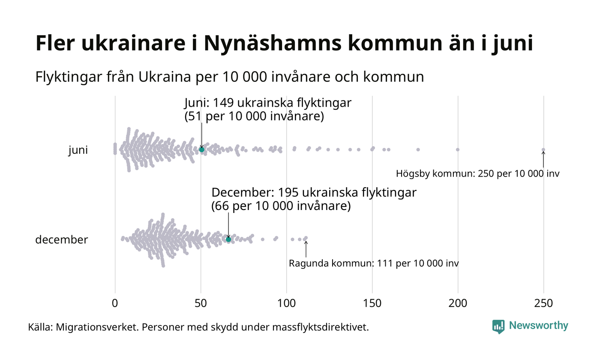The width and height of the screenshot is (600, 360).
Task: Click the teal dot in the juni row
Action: coord(201,150)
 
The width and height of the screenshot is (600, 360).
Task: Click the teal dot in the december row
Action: coord(228,239)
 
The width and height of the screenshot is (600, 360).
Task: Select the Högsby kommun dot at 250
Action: coord(543,150)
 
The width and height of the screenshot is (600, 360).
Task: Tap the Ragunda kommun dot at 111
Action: coord(306,238)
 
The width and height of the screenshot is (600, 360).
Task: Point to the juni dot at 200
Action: coord(458,150)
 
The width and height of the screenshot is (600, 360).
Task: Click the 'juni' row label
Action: coord(78,150)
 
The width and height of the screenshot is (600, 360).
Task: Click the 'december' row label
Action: coord(61,240)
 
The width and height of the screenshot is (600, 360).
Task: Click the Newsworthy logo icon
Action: coord(498,327)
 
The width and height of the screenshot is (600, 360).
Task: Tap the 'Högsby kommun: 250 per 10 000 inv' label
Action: coord(477,174)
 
